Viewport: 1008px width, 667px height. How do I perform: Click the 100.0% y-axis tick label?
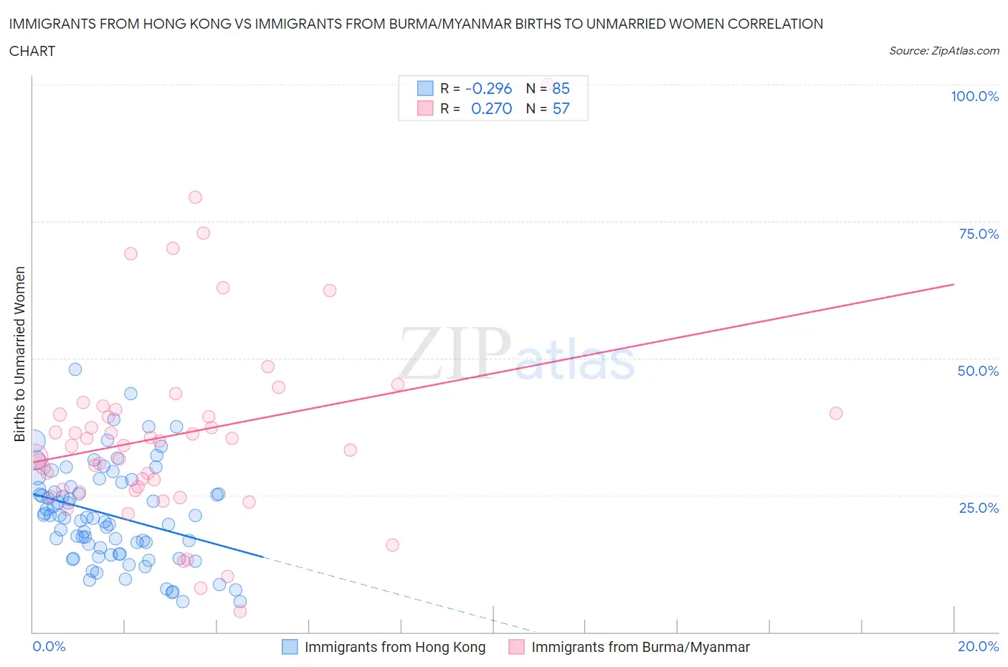(x=974, y=96)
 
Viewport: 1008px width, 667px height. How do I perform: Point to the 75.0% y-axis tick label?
(x=979, y=234)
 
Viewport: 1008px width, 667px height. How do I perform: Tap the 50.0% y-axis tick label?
(x=978, y=371)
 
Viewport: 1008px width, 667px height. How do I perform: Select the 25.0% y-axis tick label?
(x=979, y=508)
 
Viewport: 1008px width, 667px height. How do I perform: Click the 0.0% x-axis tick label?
(x=49, y=646)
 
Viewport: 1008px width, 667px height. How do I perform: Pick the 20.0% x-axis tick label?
(x=978, y=646)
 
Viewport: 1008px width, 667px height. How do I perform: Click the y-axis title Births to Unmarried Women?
(x=19, y=354)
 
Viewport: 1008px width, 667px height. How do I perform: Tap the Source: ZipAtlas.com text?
(x=943, y=50)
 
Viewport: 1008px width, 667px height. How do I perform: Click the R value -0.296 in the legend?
(x=488, y=88)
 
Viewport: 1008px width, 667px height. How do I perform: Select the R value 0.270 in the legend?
(x=491, y=108)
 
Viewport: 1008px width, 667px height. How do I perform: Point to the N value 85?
(x=561, y=88)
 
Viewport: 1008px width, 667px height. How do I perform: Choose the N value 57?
(x=561, y=108)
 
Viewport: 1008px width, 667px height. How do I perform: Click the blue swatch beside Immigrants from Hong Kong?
(x=290, y=647)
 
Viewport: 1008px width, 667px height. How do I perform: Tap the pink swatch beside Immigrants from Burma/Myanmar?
(x=516, y=647)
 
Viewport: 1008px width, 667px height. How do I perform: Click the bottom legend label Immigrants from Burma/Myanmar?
(x=640, y=647)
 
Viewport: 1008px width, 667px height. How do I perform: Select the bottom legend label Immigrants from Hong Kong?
(x=395, y=647)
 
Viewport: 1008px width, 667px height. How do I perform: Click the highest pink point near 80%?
(x=195, y=197)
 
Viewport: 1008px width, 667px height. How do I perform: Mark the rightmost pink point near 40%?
(x=835, y=413)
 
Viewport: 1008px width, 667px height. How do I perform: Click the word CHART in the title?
(x=32, y=51)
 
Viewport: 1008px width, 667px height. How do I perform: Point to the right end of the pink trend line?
(x=954, y=285)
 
